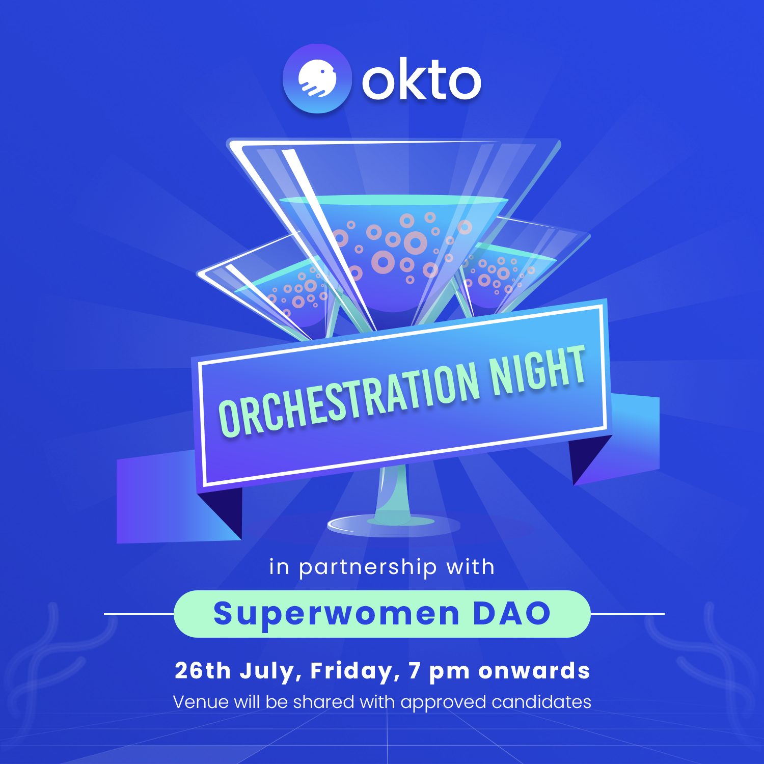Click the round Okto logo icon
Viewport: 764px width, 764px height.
[x=317, y=78]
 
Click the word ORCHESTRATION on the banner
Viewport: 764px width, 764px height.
[x=349, y=399]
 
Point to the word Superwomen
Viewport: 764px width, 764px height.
[x=337, y=614]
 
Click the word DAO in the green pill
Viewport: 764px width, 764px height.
[x=511, y=613]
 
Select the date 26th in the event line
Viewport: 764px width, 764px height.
[x=202, y=670]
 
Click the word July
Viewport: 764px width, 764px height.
[x=271, y=672]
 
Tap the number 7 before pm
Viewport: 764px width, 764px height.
[x=415, y=670]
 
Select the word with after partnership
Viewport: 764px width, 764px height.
[x=470, y=566]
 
